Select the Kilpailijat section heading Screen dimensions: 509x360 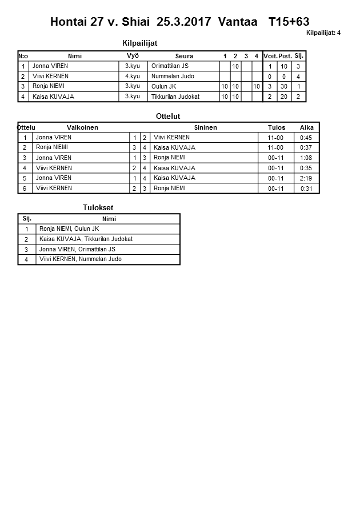coord(140,43)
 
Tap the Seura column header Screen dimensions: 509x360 coord(184,56)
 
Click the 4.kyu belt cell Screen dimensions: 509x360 coord(133,77)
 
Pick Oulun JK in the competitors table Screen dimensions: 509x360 coord(165,86)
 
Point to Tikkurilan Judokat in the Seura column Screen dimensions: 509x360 coord(175,97)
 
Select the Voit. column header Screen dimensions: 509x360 coord(270,56)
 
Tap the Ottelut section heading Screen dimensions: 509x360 coord(168,117)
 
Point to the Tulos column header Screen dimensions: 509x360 coord(277,127)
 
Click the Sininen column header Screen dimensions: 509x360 coord(205,127)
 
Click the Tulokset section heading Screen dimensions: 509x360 coord(98,208)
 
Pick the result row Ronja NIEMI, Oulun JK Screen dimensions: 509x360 coord(69,229)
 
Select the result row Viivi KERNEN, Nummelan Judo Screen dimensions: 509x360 coord(80,259)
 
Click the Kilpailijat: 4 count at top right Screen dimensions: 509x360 coord(323,33)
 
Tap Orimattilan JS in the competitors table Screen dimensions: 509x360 coord(170,66)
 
